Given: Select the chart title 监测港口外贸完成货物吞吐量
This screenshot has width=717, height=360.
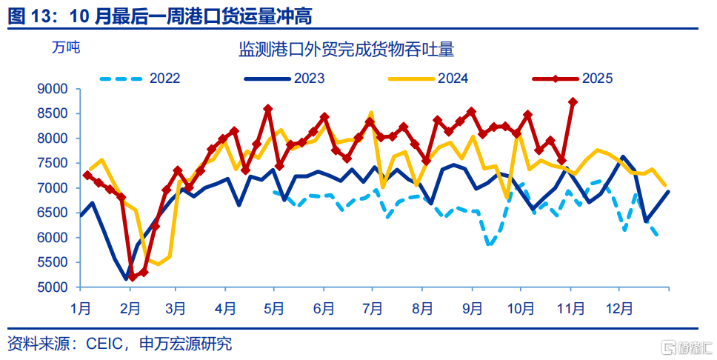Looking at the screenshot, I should click(x=346, y=50).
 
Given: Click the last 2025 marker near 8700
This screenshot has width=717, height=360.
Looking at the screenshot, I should click(x=573, y=102).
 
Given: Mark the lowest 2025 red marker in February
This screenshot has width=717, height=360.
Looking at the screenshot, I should click(x=133, y=277).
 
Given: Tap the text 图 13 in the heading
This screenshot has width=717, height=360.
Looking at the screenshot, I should click(x=30, y=13).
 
